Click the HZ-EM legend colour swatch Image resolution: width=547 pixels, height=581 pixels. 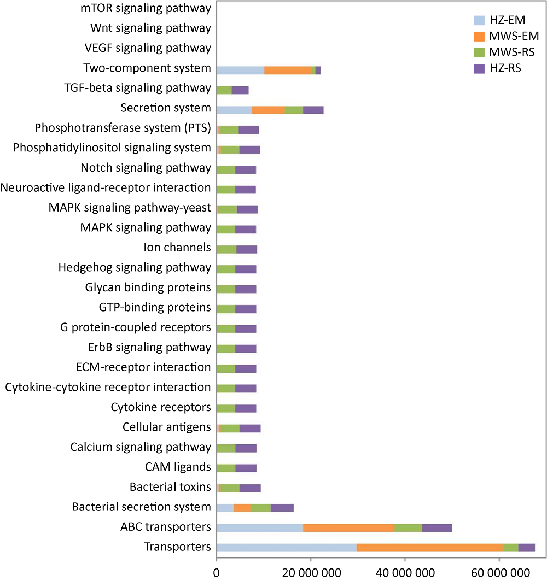(x=480, y=21)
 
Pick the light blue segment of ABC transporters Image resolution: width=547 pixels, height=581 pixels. (x=260, y=527)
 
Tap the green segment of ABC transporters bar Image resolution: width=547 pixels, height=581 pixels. (x=408, y=527)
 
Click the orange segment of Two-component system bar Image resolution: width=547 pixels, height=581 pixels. (x=288, y=70)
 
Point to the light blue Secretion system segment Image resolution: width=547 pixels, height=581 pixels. (x=234, y=109)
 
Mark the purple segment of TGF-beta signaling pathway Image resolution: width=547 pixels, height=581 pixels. (x=240, y=90)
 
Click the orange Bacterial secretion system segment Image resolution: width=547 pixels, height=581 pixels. (x=242, y=507)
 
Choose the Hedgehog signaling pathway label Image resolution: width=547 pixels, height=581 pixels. (x=134, y=268)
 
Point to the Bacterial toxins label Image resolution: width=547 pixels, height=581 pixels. (x=170, y=486)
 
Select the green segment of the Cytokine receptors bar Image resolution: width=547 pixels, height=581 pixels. (x=226, y=408)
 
